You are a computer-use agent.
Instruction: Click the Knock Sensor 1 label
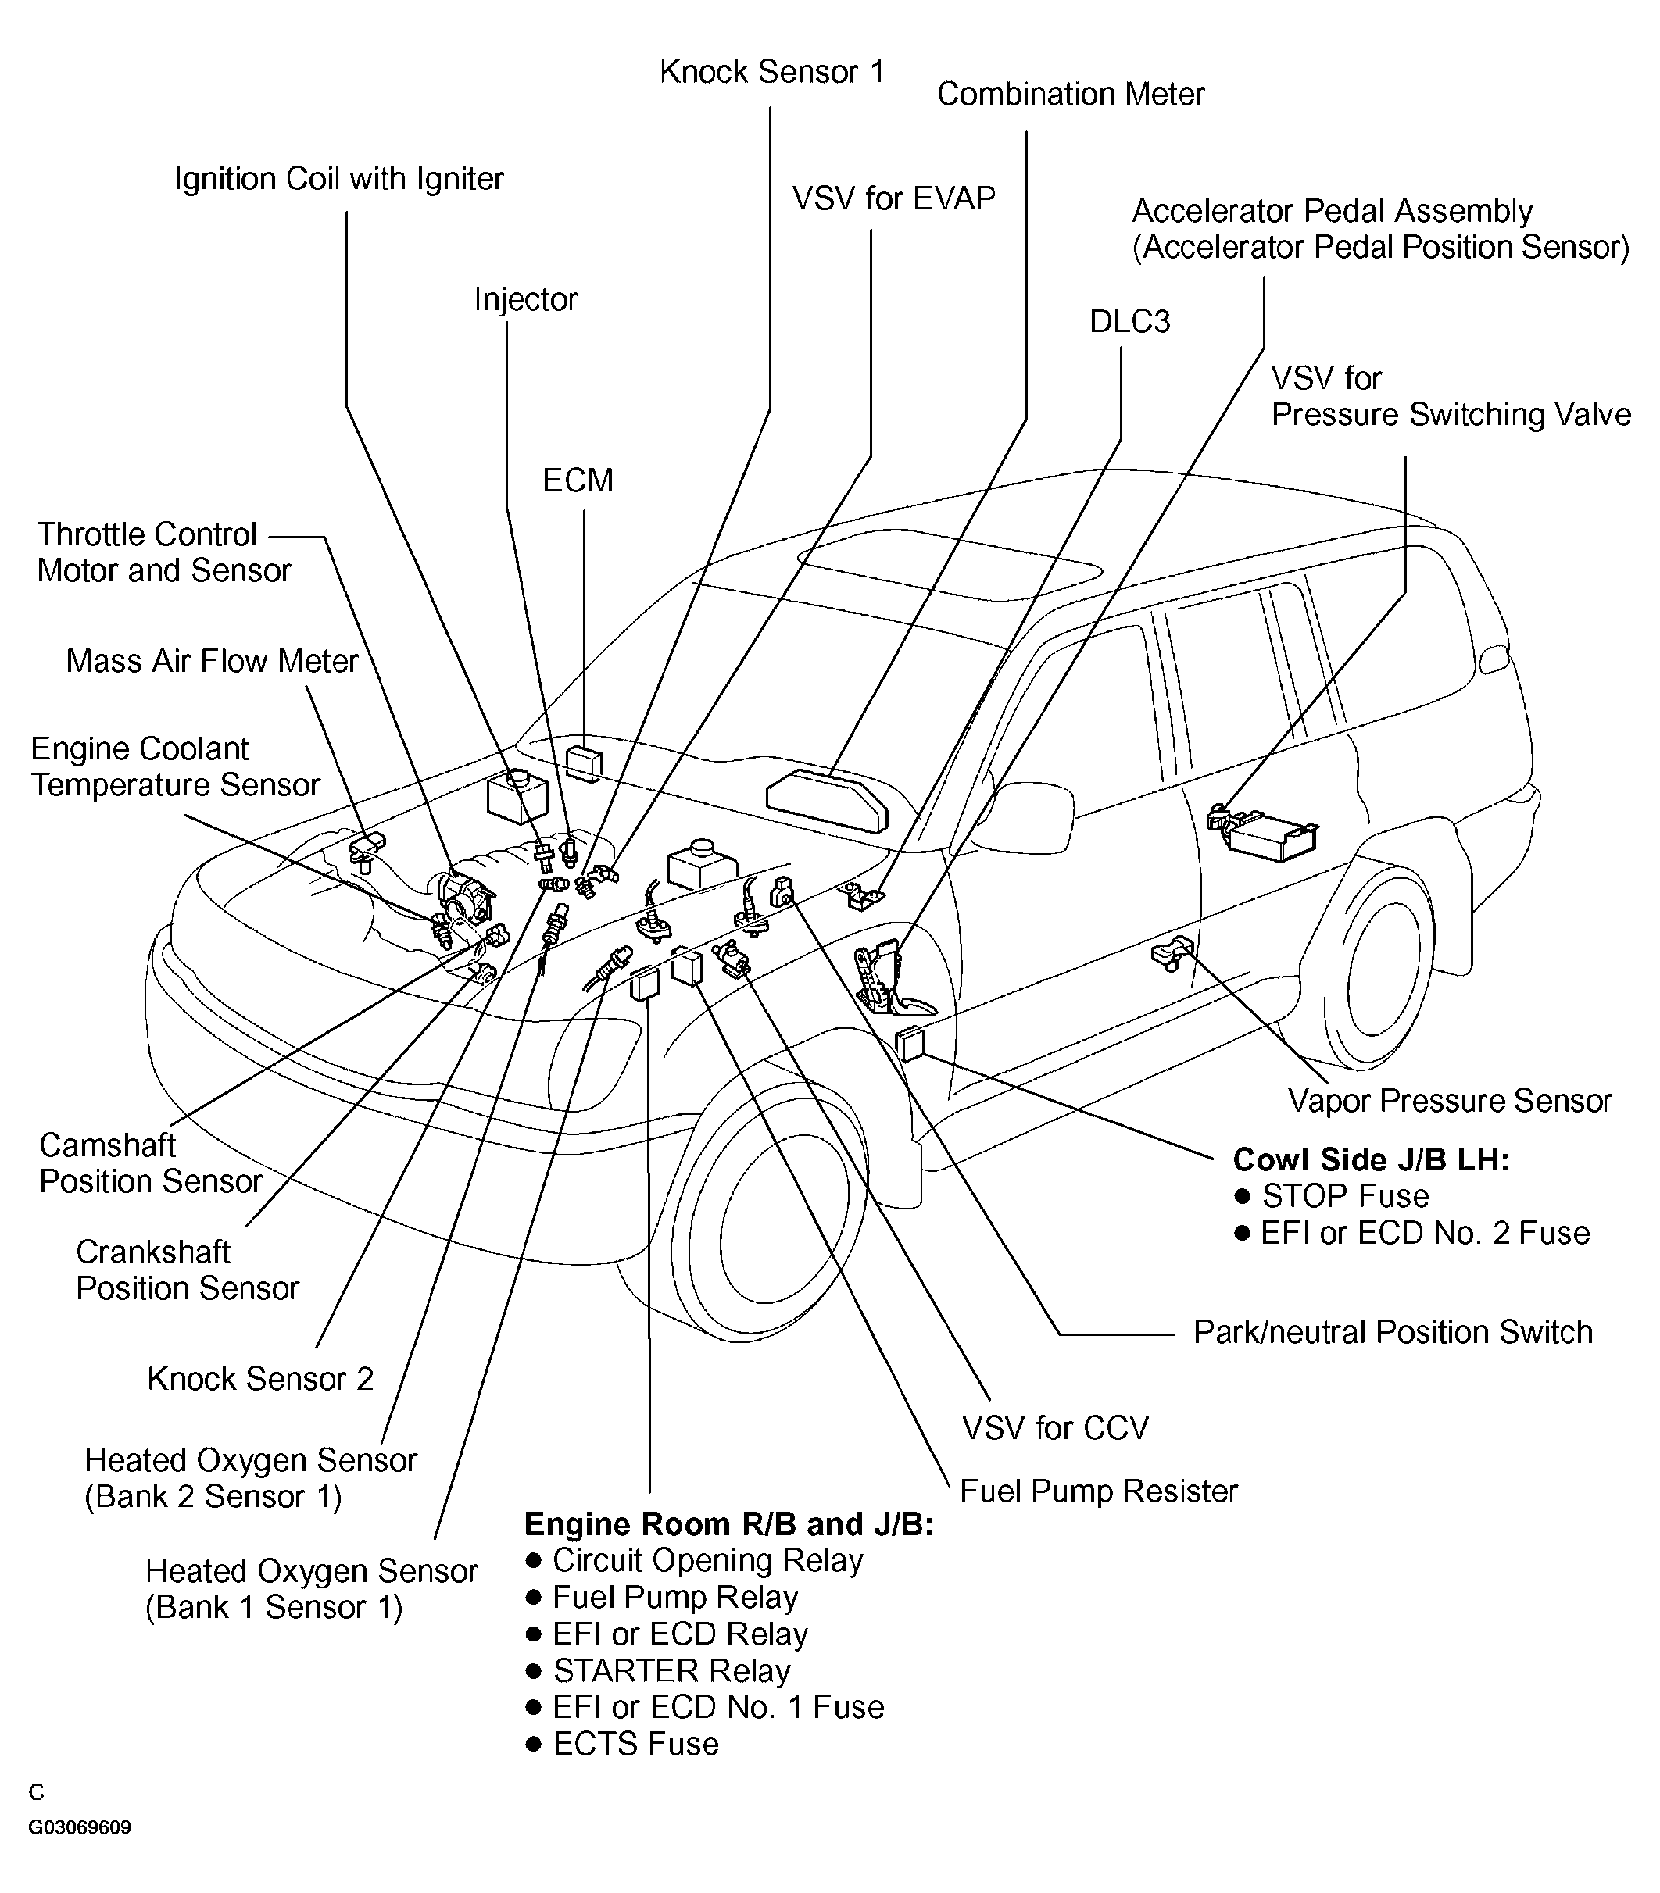coord(771,72)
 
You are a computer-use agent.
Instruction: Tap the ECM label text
coord(578,480)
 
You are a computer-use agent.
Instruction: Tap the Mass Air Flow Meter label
coord(211,661)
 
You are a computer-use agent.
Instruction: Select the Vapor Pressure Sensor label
coord(1450,1100)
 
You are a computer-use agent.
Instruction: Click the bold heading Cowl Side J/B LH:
coord(1371,1159)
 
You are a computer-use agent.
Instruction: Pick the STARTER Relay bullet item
coord(671,1670)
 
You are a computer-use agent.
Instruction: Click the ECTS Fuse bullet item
coord(635,1744)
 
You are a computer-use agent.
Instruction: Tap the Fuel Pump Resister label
coord(1099,1491)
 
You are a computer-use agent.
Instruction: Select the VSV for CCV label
coord(1055,1427)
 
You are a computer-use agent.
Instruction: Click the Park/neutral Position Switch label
coord(1392,1332)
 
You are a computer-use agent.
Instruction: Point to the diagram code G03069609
coord(80,1827)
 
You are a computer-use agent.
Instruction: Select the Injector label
coord(525,299)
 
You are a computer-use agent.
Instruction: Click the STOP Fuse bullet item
coord(1344,1197)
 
